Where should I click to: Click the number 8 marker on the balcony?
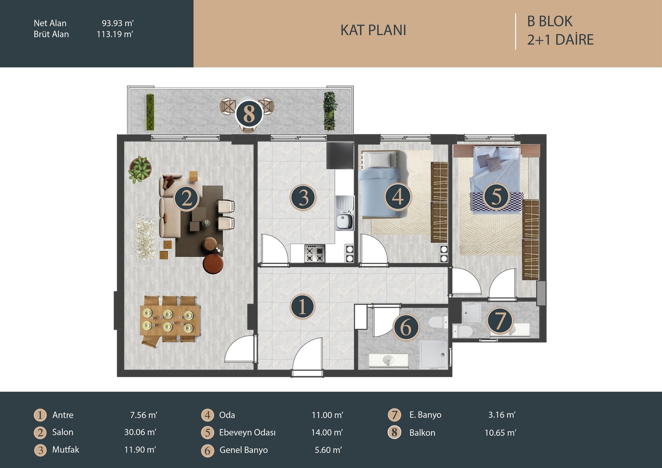pyautogui.click(x=249, y=114)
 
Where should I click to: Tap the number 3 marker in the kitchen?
pyautogui.click(x=303, y=197)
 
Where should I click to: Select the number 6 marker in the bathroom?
pyautogui.click(x=406, y=327)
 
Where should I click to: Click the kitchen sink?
pyautogui.click(x=345, y=213)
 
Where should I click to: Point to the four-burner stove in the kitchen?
pyautogui.click(x=315, y=253)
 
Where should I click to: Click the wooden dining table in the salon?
pyautogui.click(x=171, y=319)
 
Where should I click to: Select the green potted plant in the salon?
pyautogui.click(x=139, y=169)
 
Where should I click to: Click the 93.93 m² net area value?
pyautogui.click(x=118, y=23)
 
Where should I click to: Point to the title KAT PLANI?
pyautogui.click(x=373, y=30)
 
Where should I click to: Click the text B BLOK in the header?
pyautogui.click(x=550, y=21)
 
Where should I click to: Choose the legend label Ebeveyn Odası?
pyautogui.click(x=247, y=432)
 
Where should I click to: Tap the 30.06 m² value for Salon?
pyautogui.click(x=140, y=432)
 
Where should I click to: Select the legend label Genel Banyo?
pyautogui.click(x=244, y=450)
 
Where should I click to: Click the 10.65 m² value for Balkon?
pyautogui.click(x=500, y=433)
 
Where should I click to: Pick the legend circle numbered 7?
pyautogui.click(x=395, y=415)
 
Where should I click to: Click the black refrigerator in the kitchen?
pyautogui.click(x=340, y=156)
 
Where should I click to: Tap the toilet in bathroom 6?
pyautogui.click(x=438, y=322)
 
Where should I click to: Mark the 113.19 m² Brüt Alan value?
pyautogui.click(x=115, y=34)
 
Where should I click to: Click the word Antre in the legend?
pyautogui.click(x=62, y=415)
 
